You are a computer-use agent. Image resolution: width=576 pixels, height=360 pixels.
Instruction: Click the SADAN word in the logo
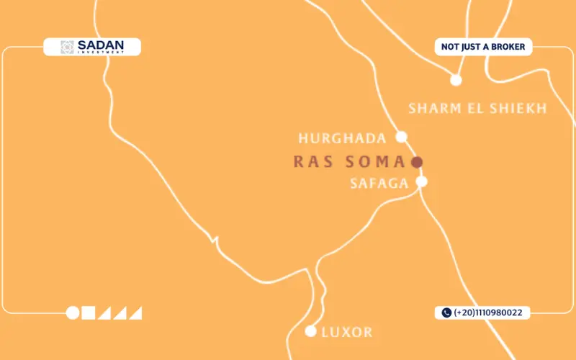point(100,45)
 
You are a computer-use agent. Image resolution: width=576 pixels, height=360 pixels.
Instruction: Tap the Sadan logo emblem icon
point(67,48)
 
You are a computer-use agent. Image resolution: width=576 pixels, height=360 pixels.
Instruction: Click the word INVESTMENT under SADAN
point(100,52)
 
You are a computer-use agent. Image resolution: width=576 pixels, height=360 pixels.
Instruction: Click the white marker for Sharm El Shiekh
point(455,80)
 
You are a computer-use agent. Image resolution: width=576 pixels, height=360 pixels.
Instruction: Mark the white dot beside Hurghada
point(402,137)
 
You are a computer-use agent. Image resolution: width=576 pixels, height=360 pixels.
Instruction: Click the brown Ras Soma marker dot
point(416,162)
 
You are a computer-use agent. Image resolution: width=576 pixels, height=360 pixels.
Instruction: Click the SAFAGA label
point(379,183)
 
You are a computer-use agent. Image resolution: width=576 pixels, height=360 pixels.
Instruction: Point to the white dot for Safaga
point(422,181)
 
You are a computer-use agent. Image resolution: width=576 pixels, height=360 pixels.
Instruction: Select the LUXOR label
point(347,333)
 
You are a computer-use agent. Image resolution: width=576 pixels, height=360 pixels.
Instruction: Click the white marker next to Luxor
point(311,331)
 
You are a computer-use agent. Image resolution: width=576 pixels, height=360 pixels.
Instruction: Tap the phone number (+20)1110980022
point(488,312)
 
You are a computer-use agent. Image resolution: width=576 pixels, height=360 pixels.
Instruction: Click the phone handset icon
point(446,312)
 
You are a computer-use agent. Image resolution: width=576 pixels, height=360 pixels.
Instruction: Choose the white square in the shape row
point(89,312)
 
